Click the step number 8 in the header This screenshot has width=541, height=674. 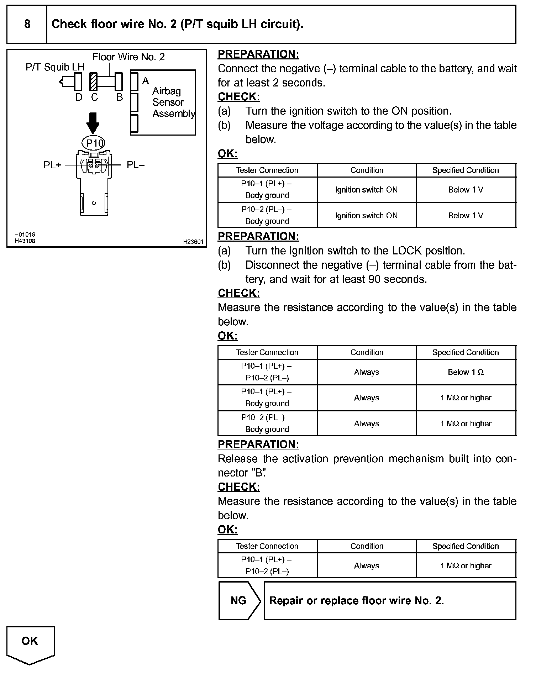[27, 24]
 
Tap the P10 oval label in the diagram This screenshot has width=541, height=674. [94, 143]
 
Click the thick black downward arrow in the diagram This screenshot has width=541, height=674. [93, 123]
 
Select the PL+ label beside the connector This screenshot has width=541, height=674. [52, 165]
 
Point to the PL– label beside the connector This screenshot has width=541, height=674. [136, 165]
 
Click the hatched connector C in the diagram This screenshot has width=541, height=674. [94, 81]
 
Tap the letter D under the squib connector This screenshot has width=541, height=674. [79, 97]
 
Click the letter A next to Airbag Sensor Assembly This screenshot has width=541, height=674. [145, 81]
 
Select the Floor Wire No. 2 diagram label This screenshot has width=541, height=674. [128, 57]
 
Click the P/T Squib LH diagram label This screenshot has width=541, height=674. [55, 67]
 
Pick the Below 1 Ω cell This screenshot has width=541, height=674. [466, 372]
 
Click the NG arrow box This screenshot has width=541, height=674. [240, 601]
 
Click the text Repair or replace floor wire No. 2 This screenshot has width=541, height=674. [356, 601]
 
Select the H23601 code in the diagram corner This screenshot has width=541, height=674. [193, 242]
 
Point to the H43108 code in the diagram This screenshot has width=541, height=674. [25, 241]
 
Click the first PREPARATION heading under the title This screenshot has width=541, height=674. [258, 54]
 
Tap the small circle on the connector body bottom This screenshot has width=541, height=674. [94, 203]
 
